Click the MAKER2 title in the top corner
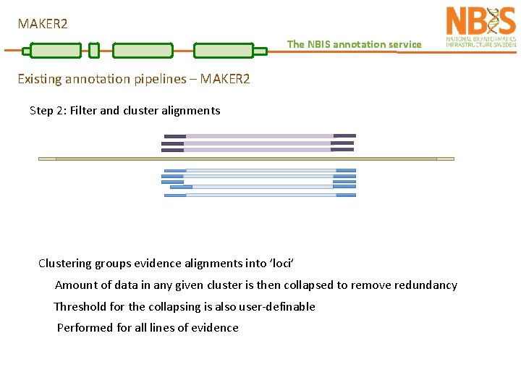pyautogui.click(x=43, y=24)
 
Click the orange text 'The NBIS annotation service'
pyautogui.click(x=354, y=44)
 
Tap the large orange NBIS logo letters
pyautogui.click(x=480, y=21)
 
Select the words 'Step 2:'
pyautogui.click(x=48, y=111)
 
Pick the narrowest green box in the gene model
pyautogui.click(x=93, y=50)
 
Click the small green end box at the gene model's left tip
pyautogui.click(x=27, y=51)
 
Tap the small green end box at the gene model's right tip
pyautogui.click(x=260, y=51)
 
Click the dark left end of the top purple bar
pyautogui.click(x=175, y=135)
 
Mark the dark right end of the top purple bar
pyautogui.click(x=344, y=135)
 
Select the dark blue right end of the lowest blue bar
pyautogui.click(x=346, y=195)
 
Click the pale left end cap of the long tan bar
pyautogui.click(x=47, y=159)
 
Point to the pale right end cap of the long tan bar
pyautogui.click(x=445, y=159)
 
